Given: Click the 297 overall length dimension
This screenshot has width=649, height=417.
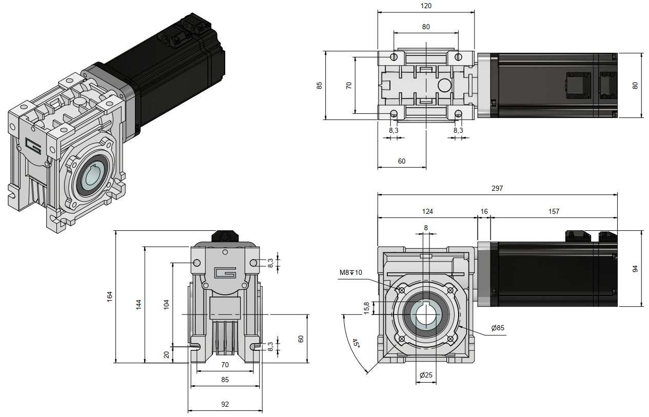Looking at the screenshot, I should (497, 188).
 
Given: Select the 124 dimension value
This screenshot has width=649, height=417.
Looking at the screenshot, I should (427, 211).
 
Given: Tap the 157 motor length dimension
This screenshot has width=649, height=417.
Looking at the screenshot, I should (554, 211).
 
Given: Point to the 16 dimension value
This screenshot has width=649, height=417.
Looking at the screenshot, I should (484, 211).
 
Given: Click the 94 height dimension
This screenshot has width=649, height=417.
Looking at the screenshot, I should (635, 269).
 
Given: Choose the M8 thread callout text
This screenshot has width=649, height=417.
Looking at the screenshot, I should (350, 272).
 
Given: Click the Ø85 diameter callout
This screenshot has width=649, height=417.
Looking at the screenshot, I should (497, 328).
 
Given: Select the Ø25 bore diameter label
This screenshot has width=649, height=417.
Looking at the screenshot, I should (426, 375).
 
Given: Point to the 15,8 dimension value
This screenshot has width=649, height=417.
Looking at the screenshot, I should (366, 308).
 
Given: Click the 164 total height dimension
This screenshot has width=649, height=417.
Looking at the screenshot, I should (110, 296).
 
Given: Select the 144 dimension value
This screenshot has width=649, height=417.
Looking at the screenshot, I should (139, 304).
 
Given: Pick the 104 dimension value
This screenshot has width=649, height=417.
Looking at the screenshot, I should (166, 304).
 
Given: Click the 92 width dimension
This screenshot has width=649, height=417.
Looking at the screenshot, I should (225, 404).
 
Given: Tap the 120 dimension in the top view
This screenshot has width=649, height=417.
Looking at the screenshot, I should (426, 6).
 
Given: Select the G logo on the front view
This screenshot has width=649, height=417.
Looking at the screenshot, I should (225, 273).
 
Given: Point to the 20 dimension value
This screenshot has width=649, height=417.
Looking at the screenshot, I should (166, 354).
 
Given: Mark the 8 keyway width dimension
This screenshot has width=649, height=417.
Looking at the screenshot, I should (425, 227).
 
